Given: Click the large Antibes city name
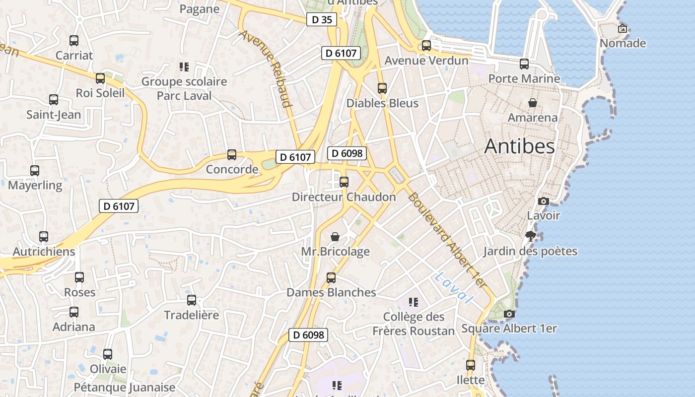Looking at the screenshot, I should [519, 146].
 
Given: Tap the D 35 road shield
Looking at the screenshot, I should [322, 20].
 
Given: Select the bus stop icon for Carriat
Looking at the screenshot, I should [74, 41].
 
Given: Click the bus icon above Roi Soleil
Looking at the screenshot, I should [100, 78].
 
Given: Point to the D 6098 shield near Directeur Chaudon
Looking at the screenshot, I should [347, 153].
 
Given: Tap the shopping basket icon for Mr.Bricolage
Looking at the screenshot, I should [335, 237].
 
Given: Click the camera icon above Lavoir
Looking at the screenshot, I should [544, 201].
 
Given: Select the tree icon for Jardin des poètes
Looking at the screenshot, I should [530, 236].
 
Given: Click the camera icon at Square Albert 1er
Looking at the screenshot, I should [509, 314].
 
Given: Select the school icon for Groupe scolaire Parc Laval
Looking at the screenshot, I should [184, 67].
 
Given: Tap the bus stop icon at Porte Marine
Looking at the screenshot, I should [524, 64].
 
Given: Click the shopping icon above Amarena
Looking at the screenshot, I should [533, 103].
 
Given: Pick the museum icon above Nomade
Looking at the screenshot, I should [623, 29].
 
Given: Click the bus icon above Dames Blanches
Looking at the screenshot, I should [331, 278].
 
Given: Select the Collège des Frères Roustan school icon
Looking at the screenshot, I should [414, 302].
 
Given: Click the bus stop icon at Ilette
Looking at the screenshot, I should [471, 365].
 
